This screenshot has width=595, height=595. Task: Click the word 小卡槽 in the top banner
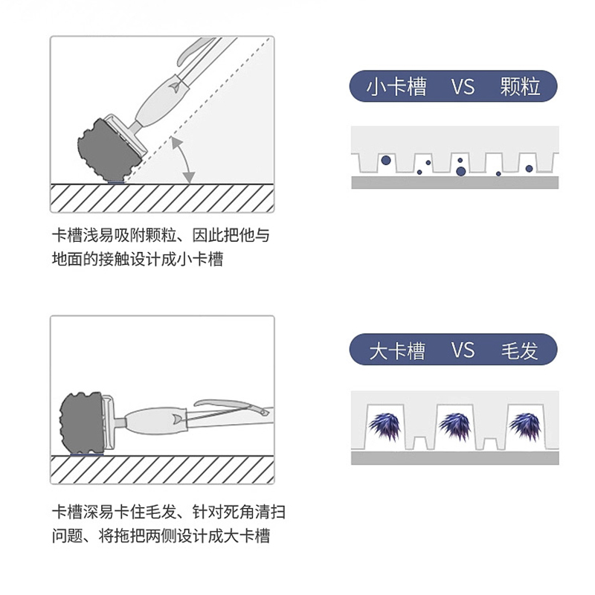click(x=396, y=88)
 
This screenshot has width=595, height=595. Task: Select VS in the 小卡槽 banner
click(x=462, y=88)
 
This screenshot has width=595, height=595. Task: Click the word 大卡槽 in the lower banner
click(x=396, y=350)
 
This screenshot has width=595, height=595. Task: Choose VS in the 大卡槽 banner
click(x=462, y=350)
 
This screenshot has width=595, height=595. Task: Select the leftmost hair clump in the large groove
click(x=385, y=426)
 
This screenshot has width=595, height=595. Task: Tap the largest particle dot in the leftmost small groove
click(x=385, y=160)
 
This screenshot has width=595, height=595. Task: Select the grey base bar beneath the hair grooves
click(x=454, y=458)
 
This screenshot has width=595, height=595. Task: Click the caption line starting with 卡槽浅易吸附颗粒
click(x=160, y=236)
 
